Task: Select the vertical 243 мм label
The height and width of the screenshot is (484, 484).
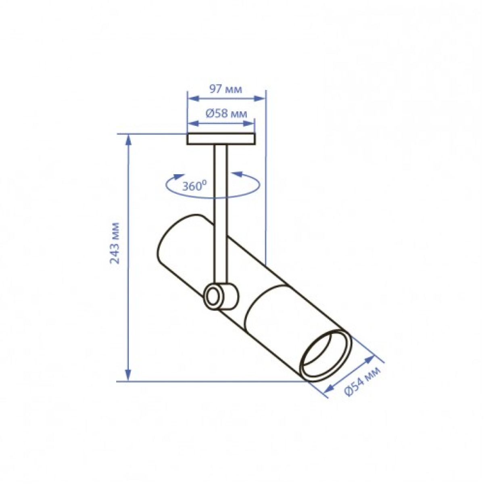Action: click(115, 243)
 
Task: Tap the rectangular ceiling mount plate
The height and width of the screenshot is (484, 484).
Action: click(221, 139)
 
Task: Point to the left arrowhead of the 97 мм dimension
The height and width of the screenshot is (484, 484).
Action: click(194, 98)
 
